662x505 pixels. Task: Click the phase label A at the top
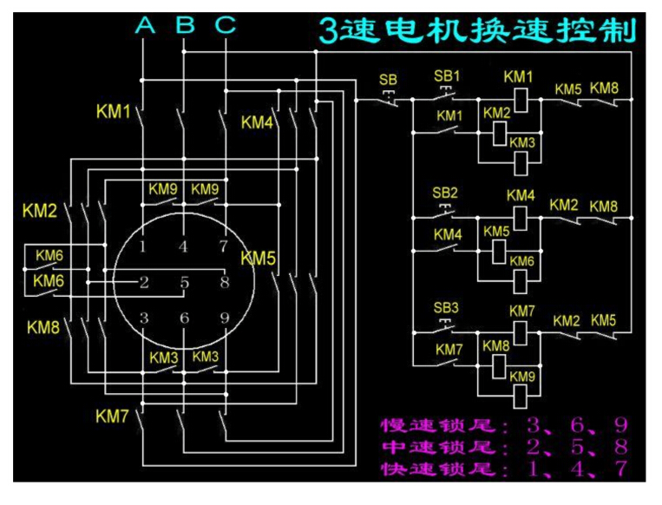click(x=146, y=26)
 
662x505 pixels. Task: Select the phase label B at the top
click(x=186, y=26)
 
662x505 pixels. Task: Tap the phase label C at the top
click(x=226, y=26)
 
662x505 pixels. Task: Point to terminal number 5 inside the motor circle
click(x=184, y=282)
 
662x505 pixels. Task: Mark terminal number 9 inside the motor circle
click(x=224, y=318)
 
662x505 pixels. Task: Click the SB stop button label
click(x=388, y=80)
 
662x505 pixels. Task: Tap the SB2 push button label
click(x=446, y=193)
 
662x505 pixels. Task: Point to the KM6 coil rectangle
click(x=521, y=279)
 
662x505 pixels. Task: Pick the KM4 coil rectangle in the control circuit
click(x=521, y=217)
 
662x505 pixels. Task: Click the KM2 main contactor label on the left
click(x=39, y=211)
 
